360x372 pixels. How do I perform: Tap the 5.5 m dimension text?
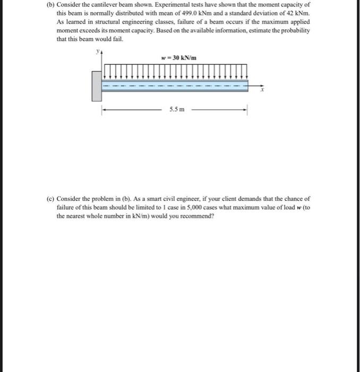(177, 110)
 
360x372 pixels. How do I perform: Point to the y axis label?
(97, 52)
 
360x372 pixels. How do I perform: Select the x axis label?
(261, 91)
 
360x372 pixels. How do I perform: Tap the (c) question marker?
(50, 198)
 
